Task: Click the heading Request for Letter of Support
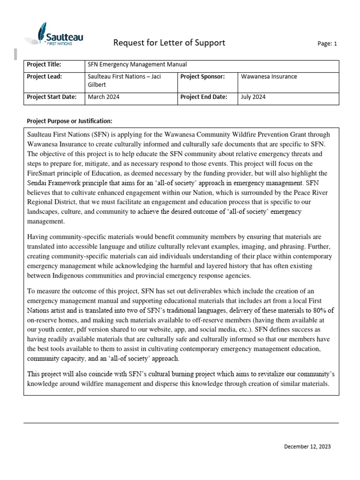169,43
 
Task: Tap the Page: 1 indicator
327,44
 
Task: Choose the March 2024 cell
104,97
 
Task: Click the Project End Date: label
203,97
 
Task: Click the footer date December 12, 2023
307,447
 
